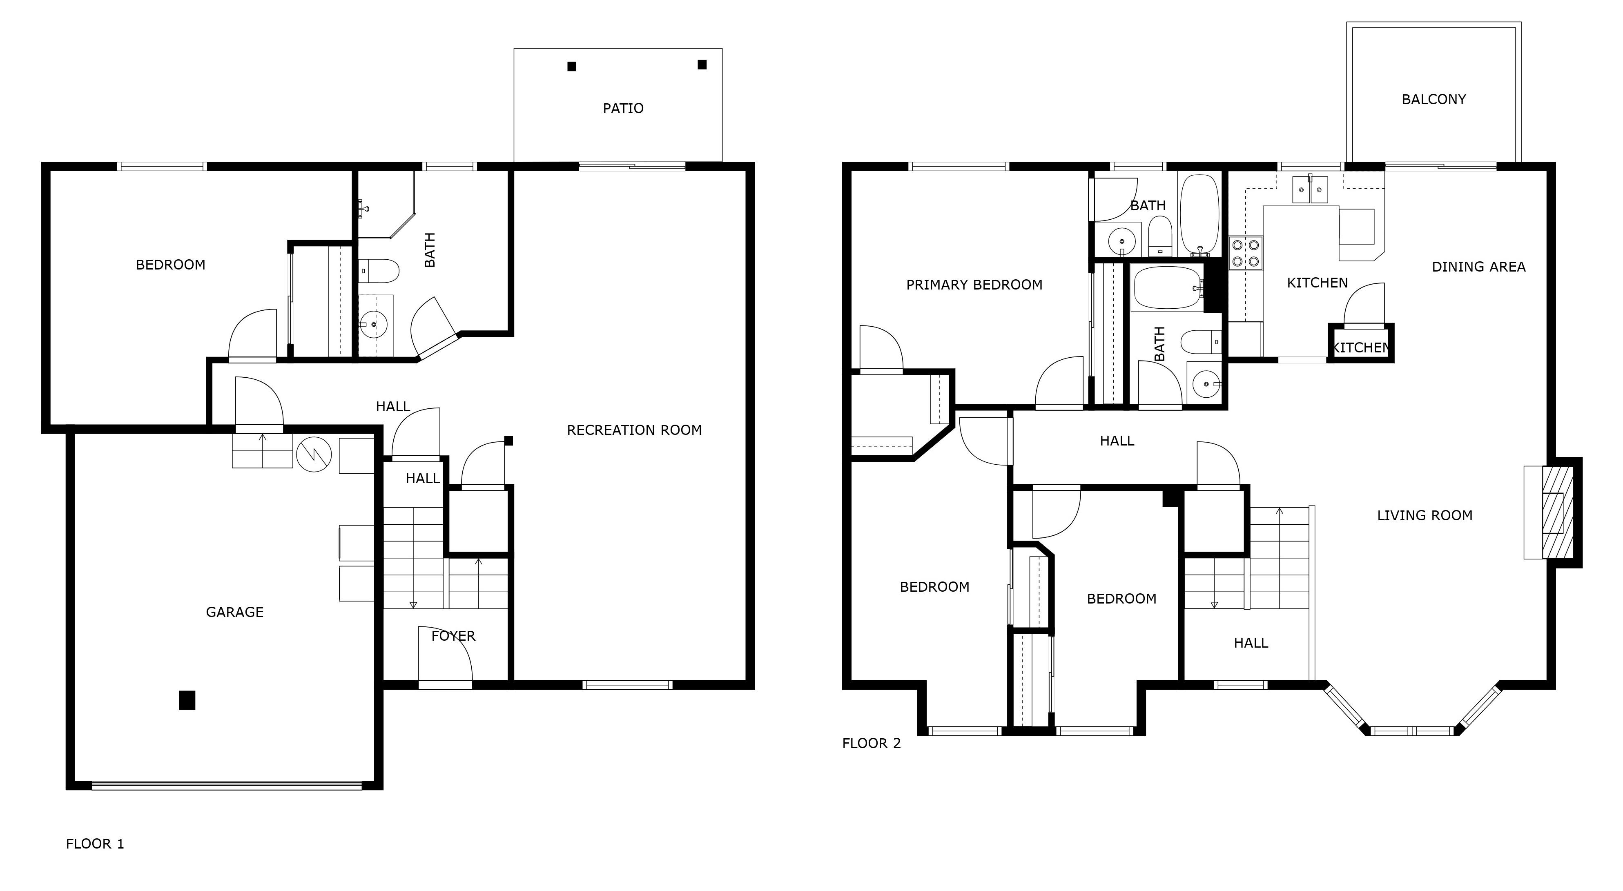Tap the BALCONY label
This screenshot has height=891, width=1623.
click(x=1434, y=100)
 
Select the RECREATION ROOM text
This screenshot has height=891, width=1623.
click(x=634, y=430)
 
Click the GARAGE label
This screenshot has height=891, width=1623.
click(x=234, y=612)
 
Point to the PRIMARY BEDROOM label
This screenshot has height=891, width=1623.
click(x=974, y=285)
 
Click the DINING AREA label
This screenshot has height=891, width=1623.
click(x=1478, y=267)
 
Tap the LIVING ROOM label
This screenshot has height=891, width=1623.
click(x=1425, y=515)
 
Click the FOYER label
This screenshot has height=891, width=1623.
click(x=453, y=636)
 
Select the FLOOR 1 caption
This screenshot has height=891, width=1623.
click(x=94, y=844)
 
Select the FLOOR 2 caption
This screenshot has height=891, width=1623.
click(x=872, y=744)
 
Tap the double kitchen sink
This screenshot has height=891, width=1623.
click(x=1311, y=189)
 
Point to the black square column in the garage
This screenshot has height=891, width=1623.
click(x=187, y=700)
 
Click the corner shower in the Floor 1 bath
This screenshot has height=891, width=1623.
click(x=384, y=205)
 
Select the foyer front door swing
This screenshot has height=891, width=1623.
click(x=445, y=655)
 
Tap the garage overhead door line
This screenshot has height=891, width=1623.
click(x=227, y=785)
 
